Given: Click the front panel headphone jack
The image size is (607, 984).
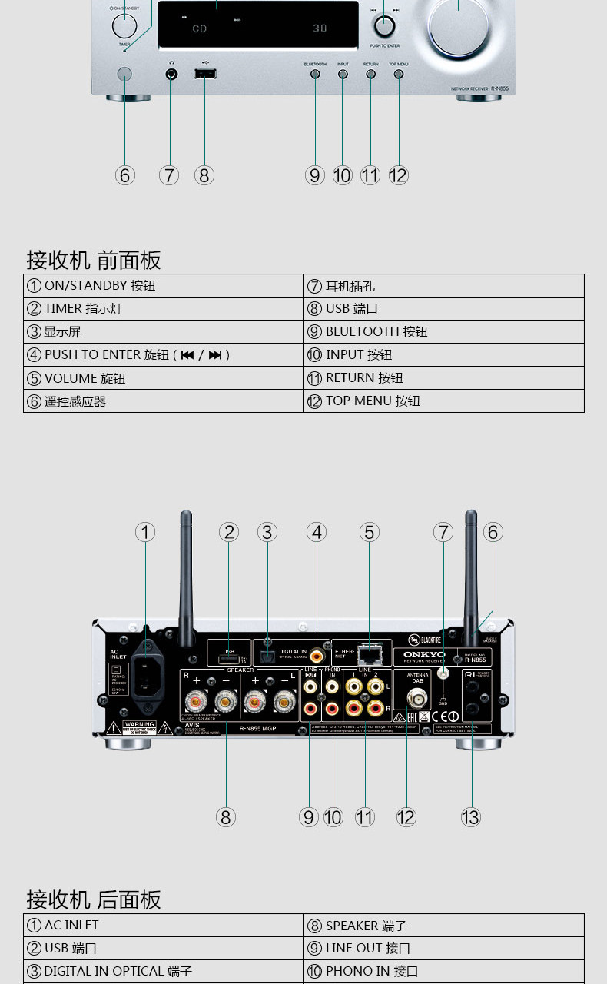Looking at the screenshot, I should click(x=171, y=74).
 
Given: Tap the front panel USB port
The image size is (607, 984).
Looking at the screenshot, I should click(x=204, y=74).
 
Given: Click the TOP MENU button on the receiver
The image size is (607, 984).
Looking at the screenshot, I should click(x=398, y=75).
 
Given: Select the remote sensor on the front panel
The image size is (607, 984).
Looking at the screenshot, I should click(x=124, y=74).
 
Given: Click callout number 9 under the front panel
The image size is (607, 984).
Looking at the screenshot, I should click(x=315, y=175).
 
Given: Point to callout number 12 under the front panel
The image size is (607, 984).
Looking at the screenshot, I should click(x=398, y=175).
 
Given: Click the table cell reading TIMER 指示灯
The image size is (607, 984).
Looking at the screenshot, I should click(x=164, y=308).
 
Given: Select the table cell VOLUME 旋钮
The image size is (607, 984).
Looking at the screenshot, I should click(x=164, y=377).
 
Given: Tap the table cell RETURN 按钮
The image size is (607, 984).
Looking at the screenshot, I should click(x=444, y=377).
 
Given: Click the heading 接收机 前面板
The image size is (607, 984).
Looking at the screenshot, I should click(x=94, y=260).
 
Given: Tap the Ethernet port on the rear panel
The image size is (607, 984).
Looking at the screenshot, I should click(x=370, y=655).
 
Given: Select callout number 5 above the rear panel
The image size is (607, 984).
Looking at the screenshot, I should click(x=370, y=532).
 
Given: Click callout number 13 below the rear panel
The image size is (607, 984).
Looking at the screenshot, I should click(x=470, y=816).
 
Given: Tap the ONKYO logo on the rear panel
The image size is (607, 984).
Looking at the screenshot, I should click(x=424, y=654).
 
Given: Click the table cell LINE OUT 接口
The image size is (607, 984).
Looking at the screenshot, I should click(x=444, y=948).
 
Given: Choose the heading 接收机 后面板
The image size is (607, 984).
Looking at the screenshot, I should click(x=94, y=899).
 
